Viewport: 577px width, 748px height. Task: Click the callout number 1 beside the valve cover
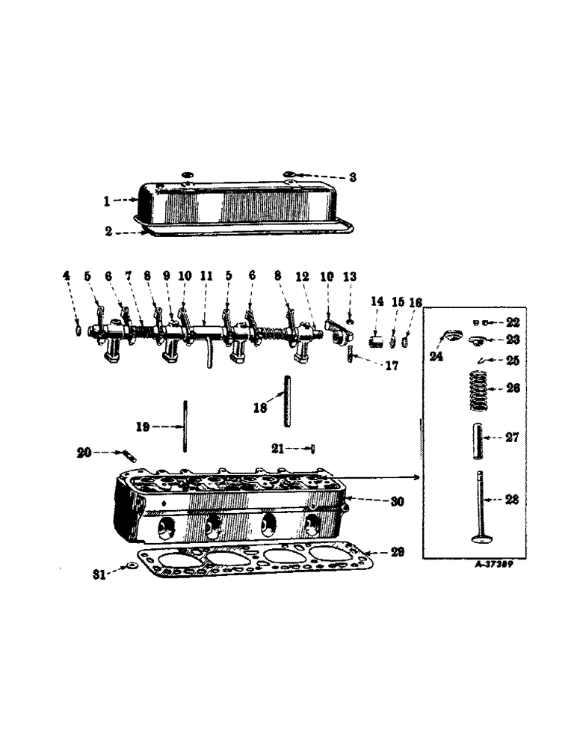(x=106, y=200)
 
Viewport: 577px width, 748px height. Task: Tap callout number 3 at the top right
(x=353, y=177)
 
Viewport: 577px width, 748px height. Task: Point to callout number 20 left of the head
(x=84, y=452)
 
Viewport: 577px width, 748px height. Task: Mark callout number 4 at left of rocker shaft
(x=67, y=276)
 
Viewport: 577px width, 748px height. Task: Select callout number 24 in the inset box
(x=436, y=357)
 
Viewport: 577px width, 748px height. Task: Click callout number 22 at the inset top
(x=512, y=322)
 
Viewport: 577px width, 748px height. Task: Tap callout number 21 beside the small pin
(x=278, y=448)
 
